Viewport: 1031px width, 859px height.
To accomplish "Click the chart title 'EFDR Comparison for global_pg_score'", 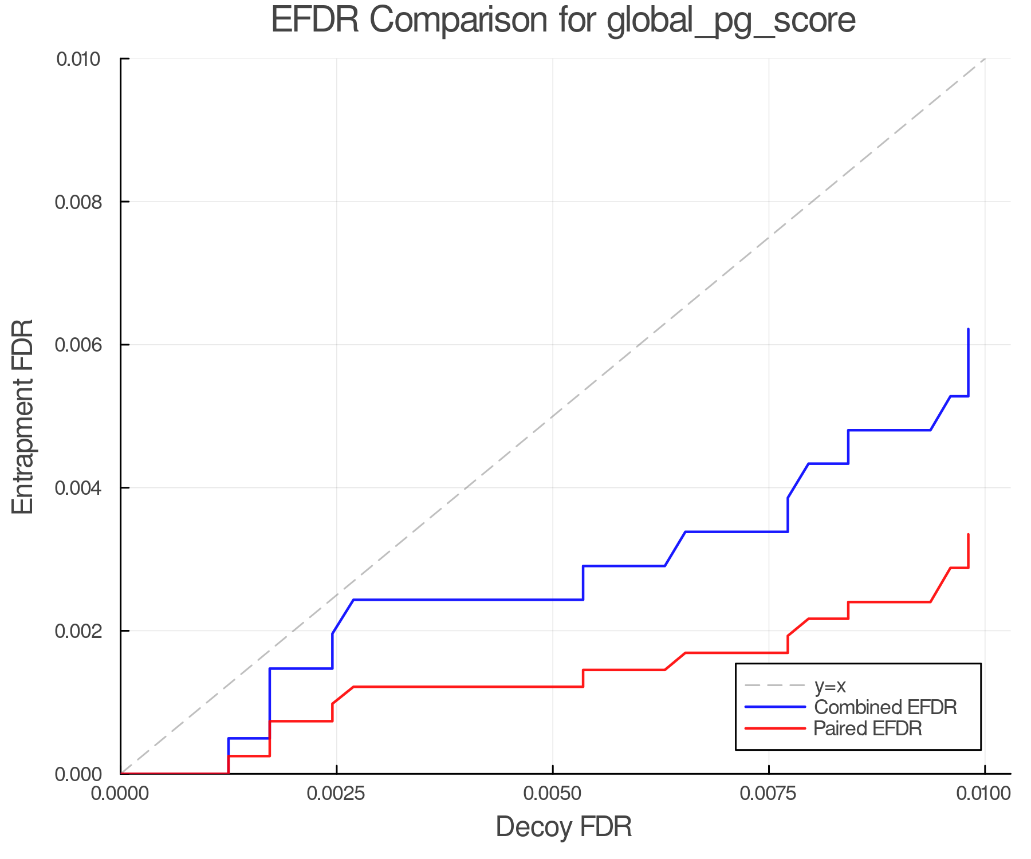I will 563,20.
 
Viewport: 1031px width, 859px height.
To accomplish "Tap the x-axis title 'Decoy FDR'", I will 564,827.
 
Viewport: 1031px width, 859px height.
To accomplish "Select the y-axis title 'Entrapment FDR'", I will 23,416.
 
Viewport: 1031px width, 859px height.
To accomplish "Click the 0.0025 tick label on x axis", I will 336,793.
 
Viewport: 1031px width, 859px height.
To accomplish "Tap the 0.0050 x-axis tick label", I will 552,793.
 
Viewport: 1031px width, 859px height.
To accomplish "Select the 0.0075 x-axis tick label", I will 768,793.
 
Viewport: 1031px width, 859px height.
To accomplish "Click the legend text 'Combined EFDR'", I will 886,707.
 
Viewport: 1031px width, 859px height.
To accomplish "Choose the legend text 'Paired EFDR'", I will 868,728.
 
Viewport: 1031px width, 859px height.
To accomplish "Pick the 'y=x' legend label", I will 830,686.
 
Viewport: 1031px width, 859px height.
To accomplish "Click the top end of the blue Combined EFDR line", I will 968,329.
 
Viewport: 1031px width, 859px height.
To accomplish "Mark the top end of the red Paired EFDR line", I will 968,534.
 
